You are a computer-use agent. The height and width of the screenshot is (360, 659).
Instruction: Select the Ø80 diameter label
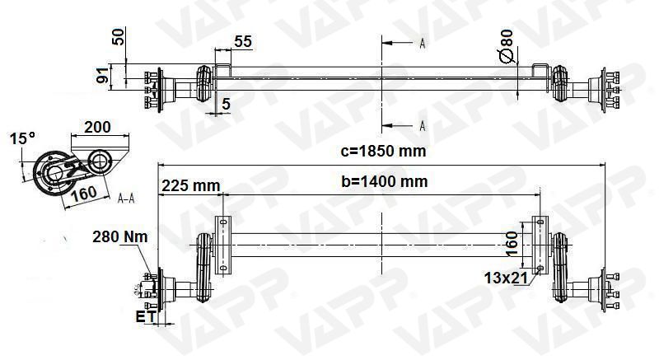[506, 49]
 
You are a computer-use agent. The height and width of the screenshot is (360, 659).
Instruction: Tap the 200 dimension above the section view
[97, 128]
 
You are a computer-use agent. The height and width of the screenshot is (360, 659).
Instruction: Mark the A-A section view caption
[127, 199]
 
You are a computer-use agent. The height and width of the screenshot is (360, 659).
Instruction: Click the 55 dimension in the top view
[243, 41]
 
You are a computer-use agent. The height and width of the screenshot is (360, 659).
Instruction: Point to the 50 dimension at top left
[118, 37]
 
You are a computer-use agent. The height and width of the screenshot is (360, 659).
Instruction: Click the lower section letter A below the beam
[422, 125]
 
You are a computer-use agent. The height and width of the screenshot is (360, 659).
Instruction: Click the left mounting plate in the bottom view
[222, 245]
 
